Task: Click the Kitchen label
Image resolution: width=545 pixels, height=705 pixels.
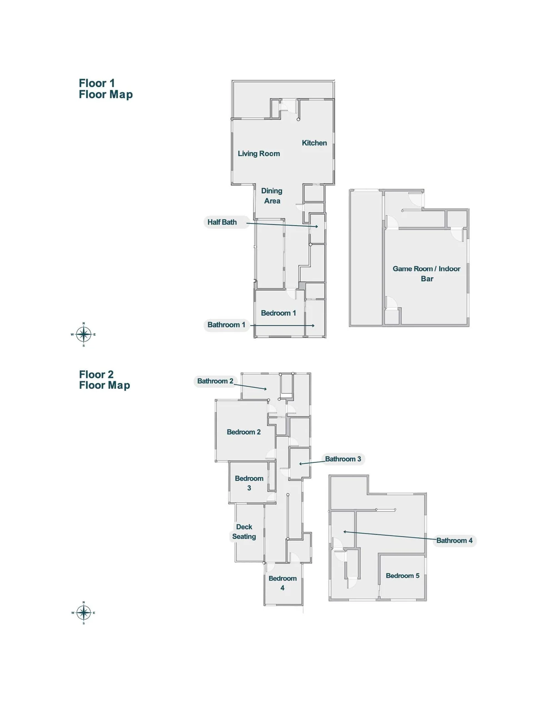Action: click(314, 143)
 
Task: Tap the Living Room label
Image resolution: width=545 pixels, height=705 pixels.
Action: click(259, 154)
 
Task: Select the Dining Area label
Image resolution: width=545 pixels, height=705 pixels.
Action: click(272, 196)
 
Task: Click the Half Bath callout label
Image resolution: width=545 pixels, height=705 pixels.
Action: click(222, 222)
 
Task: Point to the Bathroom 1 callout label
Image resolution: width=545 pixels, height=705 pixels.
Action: click(226, 325)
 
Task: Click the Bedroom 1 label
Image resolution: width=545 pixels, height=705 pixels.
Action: click(278, 313)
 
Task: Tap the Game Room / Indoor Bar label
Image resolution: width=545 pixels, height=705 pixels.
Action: click(426, 273)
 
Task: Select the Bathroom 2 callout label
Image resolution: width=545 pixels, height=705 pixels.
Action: click(215, 381)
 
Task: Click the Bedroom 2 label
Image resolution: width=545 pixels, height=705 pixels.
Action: click(243, 432)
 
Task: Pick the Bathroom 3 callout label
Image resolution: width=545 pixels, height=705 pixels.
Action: click(343, 459)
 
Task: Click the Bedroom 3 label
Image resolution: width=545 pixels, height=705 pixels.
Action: click(249, 483)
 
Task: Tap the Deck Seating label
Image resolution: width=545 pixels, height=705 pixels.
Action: click(244, 531)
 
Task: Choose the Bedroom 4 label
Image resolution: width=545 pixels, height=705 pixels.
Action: click(282, 583)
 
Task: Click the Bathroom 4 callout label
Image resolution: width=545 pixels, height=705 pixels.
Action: click(454, 540)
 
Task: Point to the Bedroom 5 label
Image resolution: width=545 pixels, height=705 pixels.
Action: click(402, 576)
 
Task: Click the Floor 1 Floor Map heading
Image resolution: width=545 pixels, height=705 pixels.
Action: click(106, 89)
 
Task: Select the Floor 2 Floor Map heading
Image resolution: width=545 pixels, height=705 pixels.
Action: click(104, 380)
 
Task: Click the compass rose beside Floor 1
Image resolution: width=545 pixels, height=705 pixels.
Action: click(84, 334)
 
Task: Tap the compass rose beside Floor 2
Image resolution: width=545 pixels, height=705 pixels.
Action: click(84, 613)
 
